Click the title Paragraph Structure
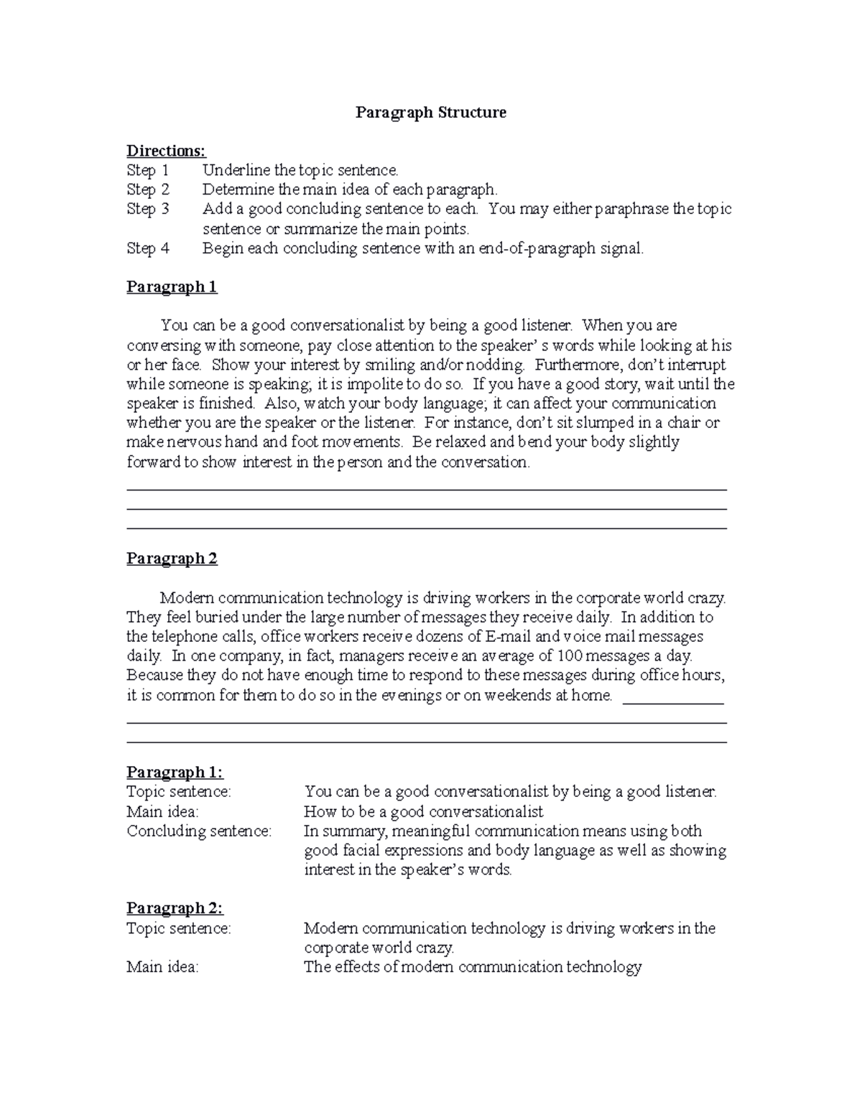pyautogui.click(x=431, y=113)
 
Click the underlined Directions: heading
pyautogui.click(x=166, y=151)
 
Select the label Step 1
pyautogui.click(x=148, y=170)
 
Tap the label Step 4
pyautogui.click(x=148, y=248)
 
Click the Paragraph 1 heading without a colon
pyautogui.click(x=172, y=287)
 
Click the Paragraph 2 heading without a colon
pyautogui.click(x=172, y=559)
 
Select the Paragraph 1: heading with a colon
pyautogui.click(x=175, y=773)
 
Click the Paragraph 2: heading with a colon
pyautogui.click(x=175, y=908)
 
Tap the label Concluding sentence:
pyautogui.click(x=199, y=831)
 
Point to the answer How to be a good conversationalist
pyautogui.click(x=423, y=812)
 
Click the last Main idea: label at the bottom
pyautogui.click(x=162, y=967)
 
